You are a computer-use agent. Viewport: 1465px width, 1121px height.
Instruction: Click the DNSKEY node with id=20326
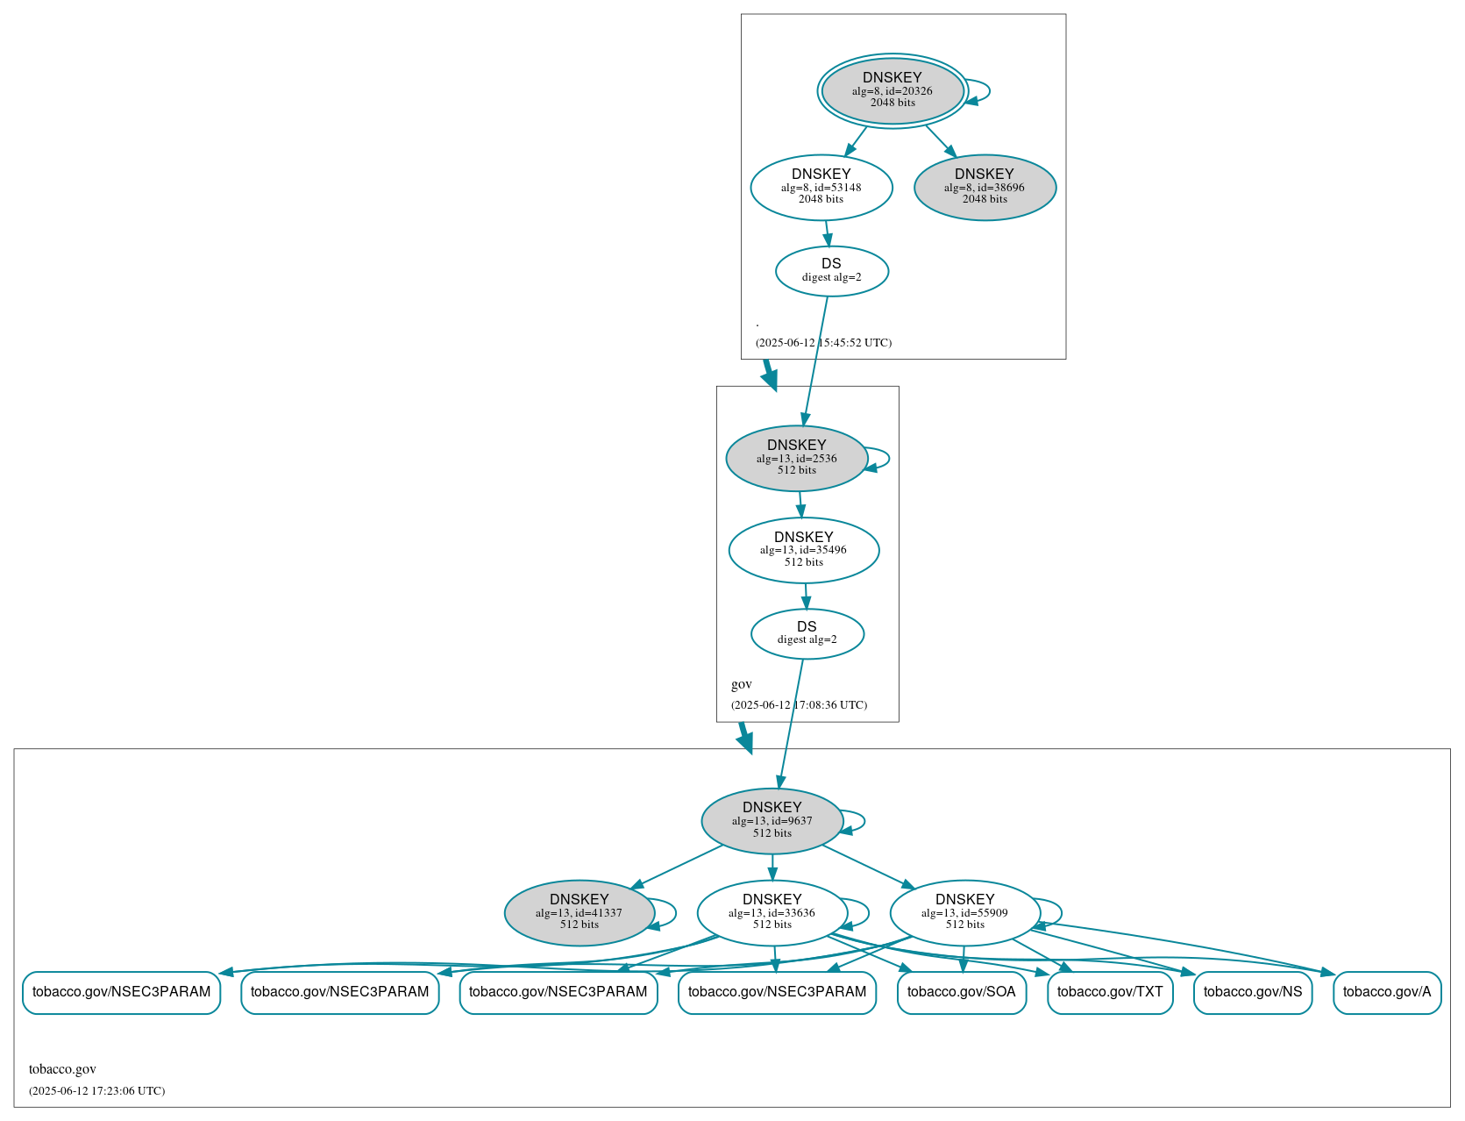[x=893, y=90]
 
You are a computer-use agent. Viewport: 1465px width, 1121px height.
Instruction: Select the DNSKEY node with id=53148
[x=821, y=187]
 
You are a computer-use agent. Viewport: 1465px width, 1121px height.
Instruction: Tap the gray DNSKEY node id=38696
[x=985, y=187]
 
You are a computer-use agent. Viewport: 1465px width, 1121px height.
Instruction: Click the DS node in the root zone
[x=831, y=271]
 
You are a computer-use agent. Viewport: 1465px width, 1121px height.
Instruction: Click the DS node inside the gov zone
[x=807, y=633]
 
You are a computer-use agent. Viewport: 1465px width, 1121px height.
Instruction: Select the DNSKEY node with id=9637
[x=772, y=821]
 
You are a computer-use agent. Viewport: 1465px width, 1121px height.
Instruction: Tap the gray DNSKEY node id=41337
[x=579, y=913]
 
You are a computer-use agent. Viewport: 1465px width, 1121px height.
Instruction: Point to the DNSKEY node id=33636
[x=772, y=913]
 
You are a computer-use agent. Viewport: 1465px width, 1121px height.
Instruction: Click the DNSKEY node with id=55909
[x=964, y=913]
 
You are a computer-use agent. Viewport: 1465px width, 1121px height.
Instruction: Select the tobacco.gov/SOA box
[x=961, y=992]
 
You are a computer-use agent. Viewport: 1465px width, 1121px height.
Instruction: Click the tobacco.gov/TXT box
[x=1109, y=992]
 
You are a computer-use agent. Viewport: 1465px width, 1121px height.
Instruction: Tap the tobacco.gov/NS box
[x=1252, y=992]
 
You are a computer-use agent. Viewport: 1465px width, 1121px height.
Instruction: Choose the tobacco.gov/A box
[x=1386, y=992]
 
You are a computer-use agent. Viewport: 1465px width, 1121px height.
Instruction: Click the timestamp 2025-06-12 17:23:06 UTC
[x=96, y=1091]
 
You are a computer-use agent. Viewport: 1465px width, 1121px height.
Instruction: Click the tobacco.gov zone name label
[x=62, y=1069]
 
